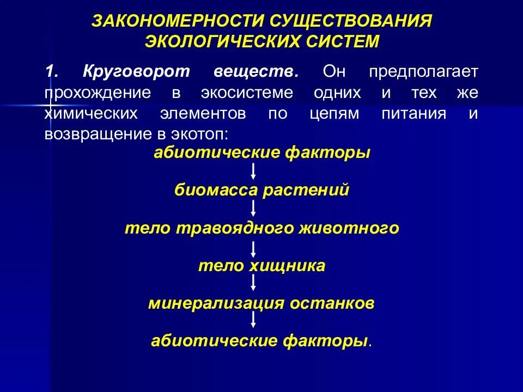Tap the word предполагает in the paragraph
pyautogui.click(x=422, y=72)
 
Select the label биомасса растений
pyautogui.click(x=261, y=191)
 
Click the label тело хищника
pyautogui.click(x=261, y=266)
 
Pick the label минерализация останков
pyautogui.click(x=261, y=303)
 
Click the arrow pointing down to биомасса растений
pyautogui.click(x=254, y=171)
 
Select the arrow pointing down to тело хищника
pyautogui.click(x=254, y=247)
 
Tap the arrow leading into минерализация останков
pyautogui.click(x=254, y=284)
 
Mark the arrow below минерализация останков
pyautogui.click(x=254, y=321)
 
